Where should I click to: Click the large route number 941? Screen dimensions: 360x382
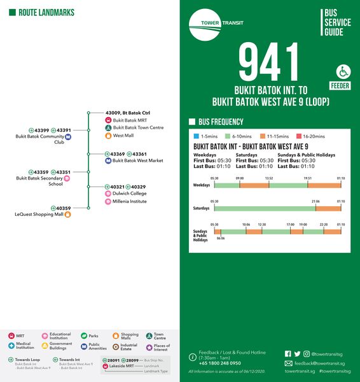pos(268,62)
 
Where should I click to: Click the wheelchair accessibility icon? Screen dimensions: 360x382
pos(343,71)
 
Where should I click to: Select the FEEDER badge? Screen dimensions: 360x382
pos(340,86)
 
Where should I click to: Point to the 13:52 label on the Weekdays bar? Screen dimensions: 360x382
pos(268,178)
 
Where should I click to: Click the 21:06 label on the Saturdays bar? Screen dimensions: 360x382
pos(316,201)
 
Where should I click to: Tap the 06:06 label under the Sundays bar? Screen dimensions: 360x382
pos(220,238)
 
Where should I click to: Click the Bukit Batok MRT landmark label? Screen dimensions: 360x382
pos(130,120)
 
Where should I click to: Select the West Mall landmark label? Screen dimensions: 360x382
pos(123,136)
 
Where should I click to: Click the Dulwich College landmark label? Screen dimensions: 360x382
pos(130,194)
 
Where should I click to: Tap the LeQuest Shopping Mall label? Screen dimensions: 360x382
pos(39,215)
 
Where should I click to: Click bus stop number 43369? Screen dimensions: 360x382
pos(117,154)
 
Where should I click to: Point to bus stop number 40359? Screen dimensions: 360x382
pos(63,208)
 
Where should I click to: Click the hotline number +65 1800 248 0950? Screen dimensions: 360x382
pos(219,363)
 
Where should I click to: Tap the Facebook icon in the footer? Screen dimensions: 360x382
pos(288,353)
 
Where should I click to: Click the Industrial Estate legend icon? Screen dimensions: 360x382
pos(116,346)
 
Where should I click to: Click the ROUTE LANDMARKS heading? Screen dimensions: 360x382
pos(46,13)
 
